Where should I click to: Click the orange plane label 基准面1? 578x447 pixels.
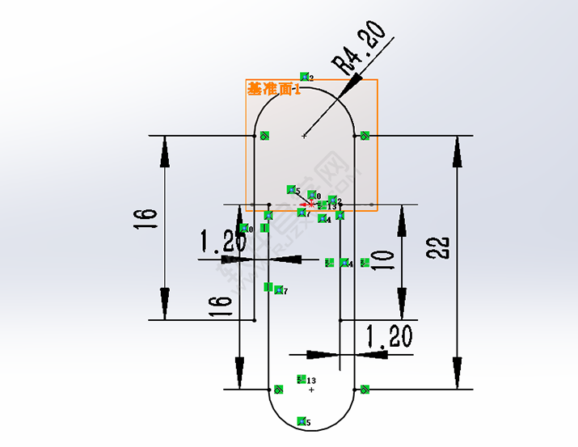[x=273, y=90]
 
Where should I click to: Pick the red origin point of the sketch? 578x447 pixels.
[x=312, y=204]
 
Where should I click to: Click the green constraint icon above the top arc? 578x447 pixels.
[x=305, y=77]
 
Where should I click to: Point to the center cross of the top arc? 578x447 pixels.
[x=304, y=136]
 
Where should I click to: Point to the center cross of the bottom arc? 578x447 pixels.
[x=311, y=390]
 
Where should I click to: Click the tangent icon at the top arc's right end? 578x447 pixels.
[x=365, y=135]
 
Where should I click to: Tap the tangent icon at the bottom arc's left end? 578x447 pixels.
[x=278, y=389]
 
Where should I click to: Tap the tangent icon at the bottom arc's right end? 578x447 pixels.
[x=365, y=390]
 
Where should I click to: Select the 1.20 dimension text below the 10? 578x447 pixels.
[x=389, y=335]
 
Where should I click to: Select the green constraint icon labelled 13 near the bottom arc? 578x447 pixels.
[x=302, y=379]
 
